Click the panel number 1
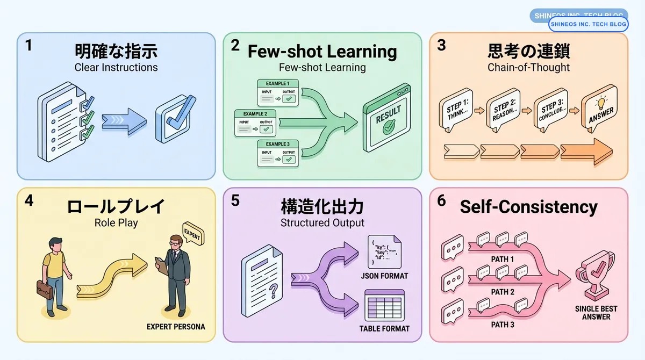point(28,46)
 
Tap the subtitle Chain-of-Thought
point(528,67)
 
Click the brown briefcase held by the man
point(45,289)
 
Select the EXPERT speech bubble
point(194,233)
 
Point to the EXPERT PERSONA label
point(176,327)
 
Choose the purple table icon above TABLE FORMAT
point(384,305)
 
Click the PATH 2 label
point(503,292)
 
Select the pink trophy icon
point(596,279)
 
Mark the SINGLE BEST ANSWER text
point(596,313)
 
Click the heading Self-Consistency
point(528,207)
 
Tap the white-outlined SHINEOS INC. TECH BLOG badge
point(588,24)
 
